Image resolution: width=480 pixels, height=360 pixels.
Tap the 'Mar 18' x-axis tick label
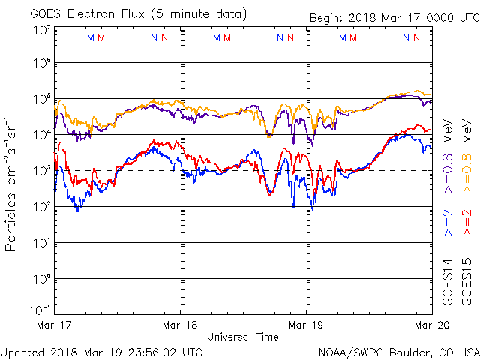181,325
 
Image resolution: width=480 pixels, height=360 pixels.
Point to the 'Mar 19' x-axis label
307,325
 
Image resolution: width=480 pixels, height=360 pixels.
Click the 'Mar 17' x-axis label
54,325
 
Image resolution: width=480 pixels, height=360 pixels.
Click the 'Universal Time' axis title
243,337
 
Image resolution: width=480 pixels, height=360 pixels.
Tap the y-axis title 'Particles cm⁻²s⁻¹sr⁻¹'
13,184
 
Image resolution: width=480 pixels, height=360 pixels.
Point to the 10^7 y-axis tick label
41,30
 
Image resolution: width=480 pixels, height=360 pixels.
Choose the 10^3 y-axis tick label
41,171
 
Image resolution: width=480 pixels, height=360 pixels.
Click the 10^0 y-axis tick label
41,279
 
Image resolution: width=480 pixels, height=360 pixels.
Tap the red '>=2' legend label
466,223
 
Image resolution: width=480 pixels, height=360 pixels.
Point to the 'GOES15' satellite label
466,280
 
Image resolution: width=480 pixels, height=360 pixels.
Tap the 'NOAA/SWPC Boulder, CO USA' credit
398,352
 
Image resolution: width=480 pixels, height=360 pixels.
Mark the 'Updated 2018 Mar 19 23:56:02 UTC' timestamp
101,351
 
